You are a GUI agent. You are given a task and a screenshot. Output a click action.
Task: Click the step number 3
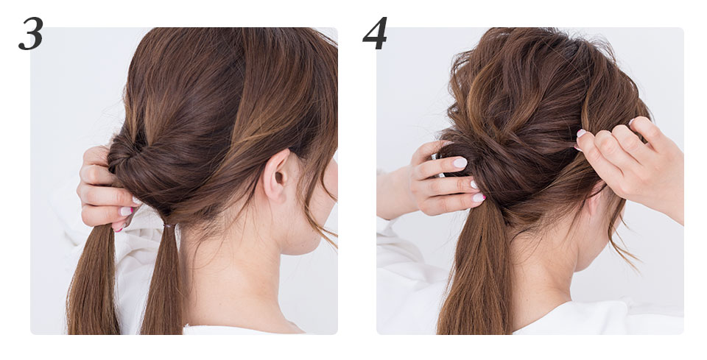[31, 34]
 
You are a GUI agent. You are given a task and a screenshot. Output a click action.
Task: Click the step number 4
[375, 33]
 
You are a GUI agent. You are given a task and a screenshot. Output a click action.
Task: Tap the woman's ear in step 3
[277, 176]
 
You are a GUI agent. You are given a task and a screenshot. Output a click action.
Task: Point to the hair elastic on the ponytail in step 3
[169, 225]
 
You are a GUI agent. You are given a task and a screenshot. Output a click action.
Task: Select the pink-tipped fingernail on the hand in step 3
[126, 211]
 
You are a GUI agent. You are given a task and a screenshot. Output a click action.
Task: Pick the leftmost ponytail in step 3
[94, 279]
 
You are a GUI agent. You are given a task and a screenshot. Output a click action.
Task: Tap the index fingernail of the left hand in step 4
[460, 163]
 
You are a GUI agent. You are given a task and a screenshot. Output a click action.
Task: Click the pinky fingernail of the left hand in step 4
[479, 197]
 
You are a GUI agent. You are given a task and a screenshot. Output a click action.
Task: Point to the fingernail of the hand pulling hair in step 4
[581, 133]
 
